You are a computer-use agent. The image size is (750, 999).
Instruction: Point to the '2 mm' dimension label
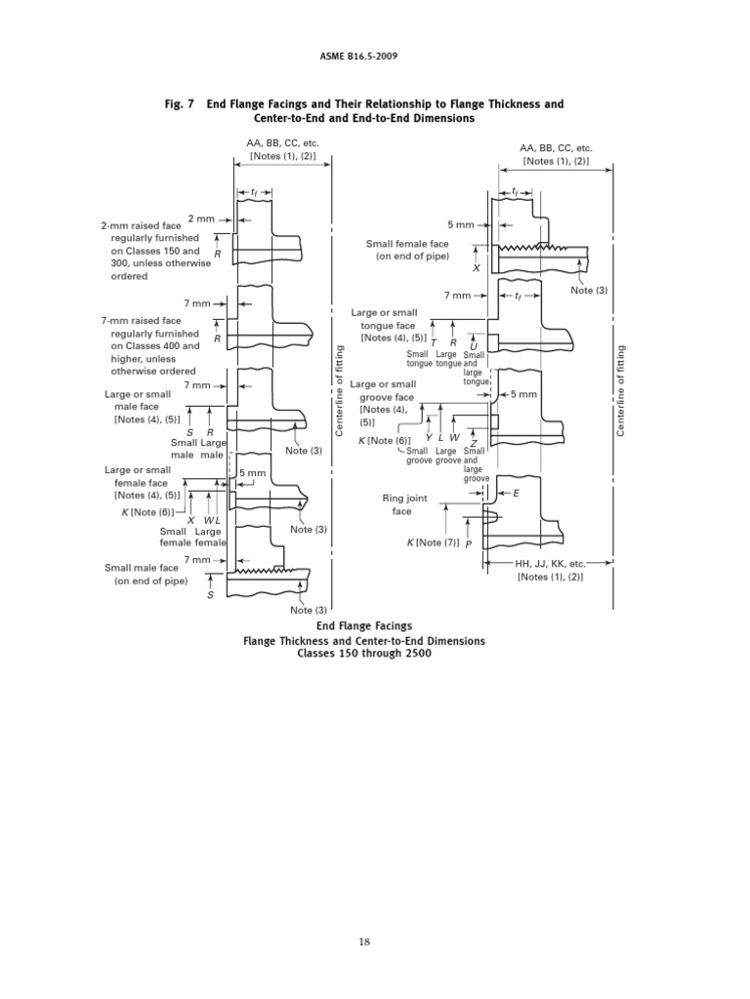click(200, 219)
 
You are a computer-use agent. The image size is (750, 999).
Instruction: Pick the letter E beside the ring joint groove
click(517, 494)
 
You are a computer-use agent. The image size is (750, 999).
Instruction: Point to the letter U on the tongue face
click(474, 345)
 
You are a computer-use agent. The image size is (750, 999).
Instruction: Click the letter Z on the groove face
click(473, 442)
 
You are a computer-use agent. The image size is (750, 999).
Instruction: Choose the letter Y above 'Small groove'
click(428, 439)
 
